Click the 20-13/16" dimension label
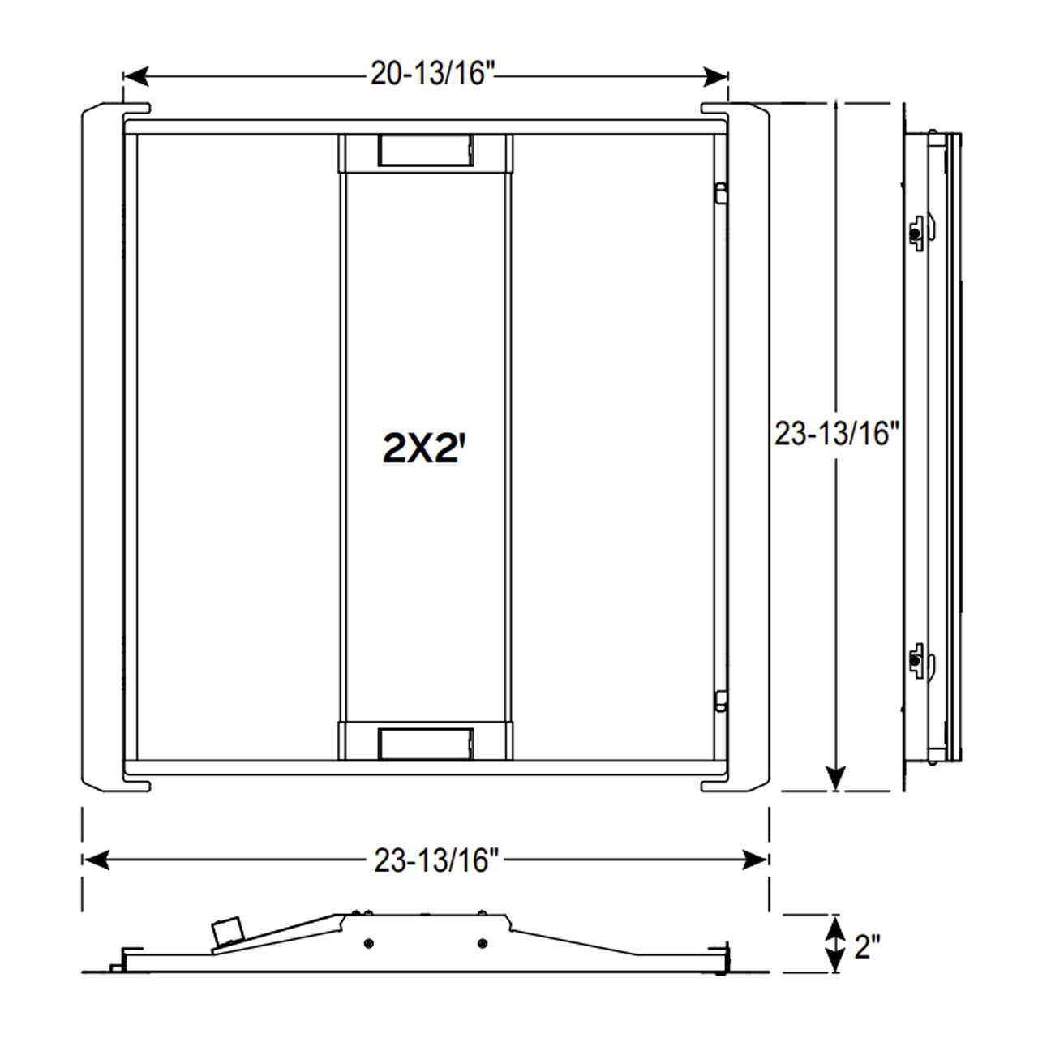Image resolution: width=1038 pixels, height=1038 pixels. (432, 73)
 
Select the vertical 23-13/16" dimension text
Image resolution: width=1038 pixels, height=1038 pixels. (837, 433)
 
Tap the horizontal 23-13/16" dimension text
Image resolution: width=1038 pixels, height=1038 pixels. (436, 860)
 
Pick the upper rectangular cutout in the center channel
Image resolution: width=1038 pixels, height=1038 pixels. (426, 150)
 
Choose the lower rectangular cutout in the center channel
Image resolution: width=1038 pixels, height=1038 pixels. (426, 744)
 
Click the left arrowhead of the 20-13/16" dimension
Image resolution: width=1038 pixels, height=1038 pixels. (135, 77)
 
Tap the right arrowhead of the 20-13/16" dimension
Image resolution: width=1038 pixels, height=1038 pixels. (715, 77)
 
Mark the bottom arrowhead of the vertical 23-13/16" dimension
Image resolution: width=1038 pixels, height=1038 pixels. (835, 778)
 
